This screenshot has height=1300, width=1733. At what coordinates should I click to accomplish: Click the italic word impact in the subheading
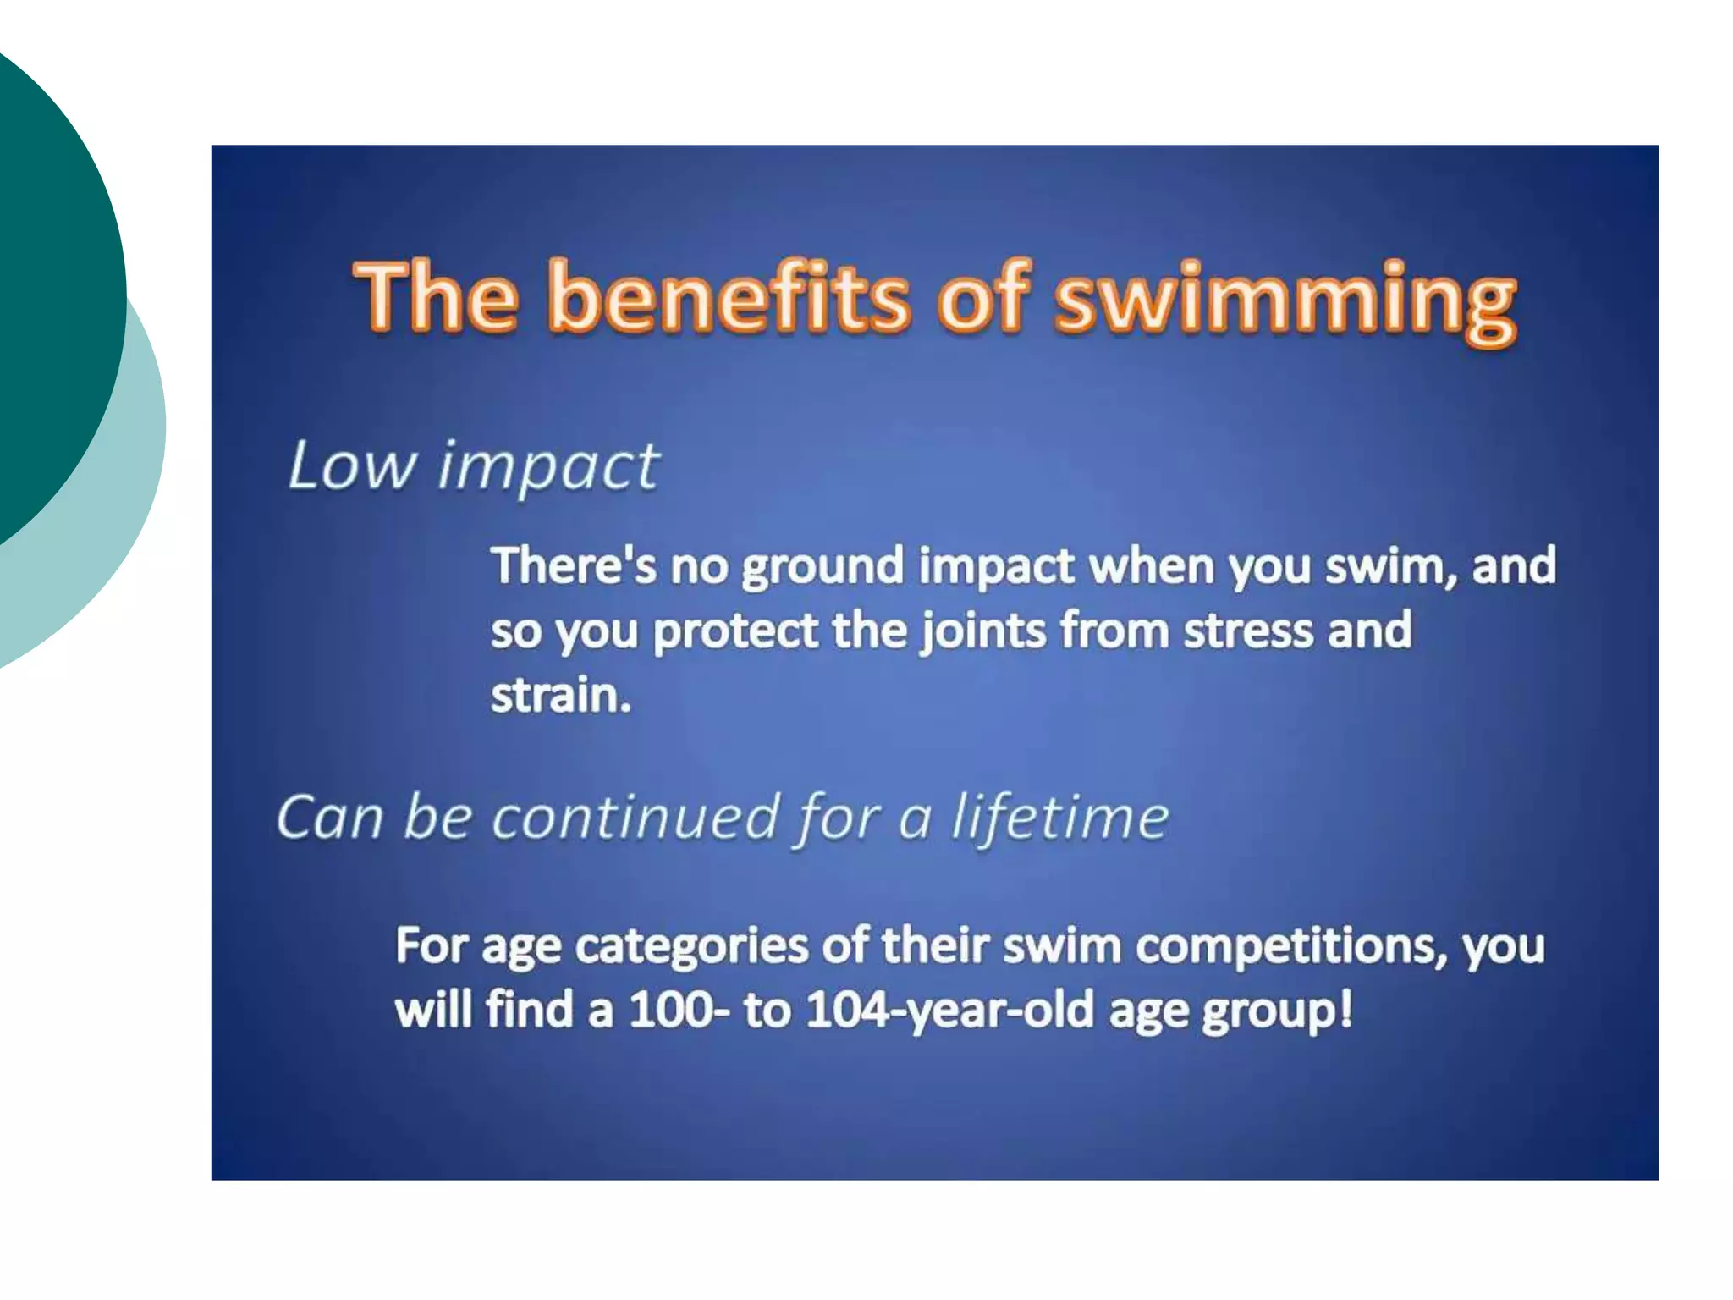(x=548, y=468)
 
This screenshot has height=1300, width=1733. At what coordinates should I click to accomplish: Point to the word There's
(x=573, y=565)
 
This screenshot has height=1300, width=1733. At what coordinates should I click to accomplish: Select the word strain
(x=560, y=696)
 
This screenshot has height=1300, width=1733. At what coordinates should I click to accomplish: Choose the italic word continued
(x=635, y=818)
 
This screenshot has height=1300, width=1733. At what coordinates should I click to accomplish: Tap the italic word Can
(x=329, y=818)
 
